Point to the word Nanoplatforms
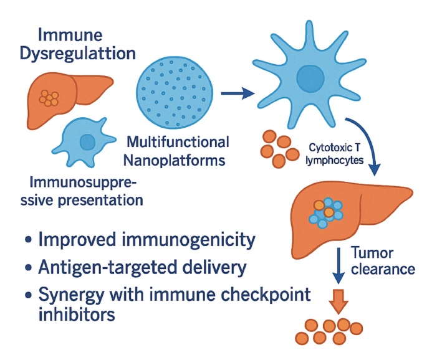175,161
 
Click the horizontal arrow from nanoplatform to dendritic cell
237,94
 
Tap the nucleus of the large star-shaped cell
311,79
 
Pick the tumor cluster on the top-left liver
49,98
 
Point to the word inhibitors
77,315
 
